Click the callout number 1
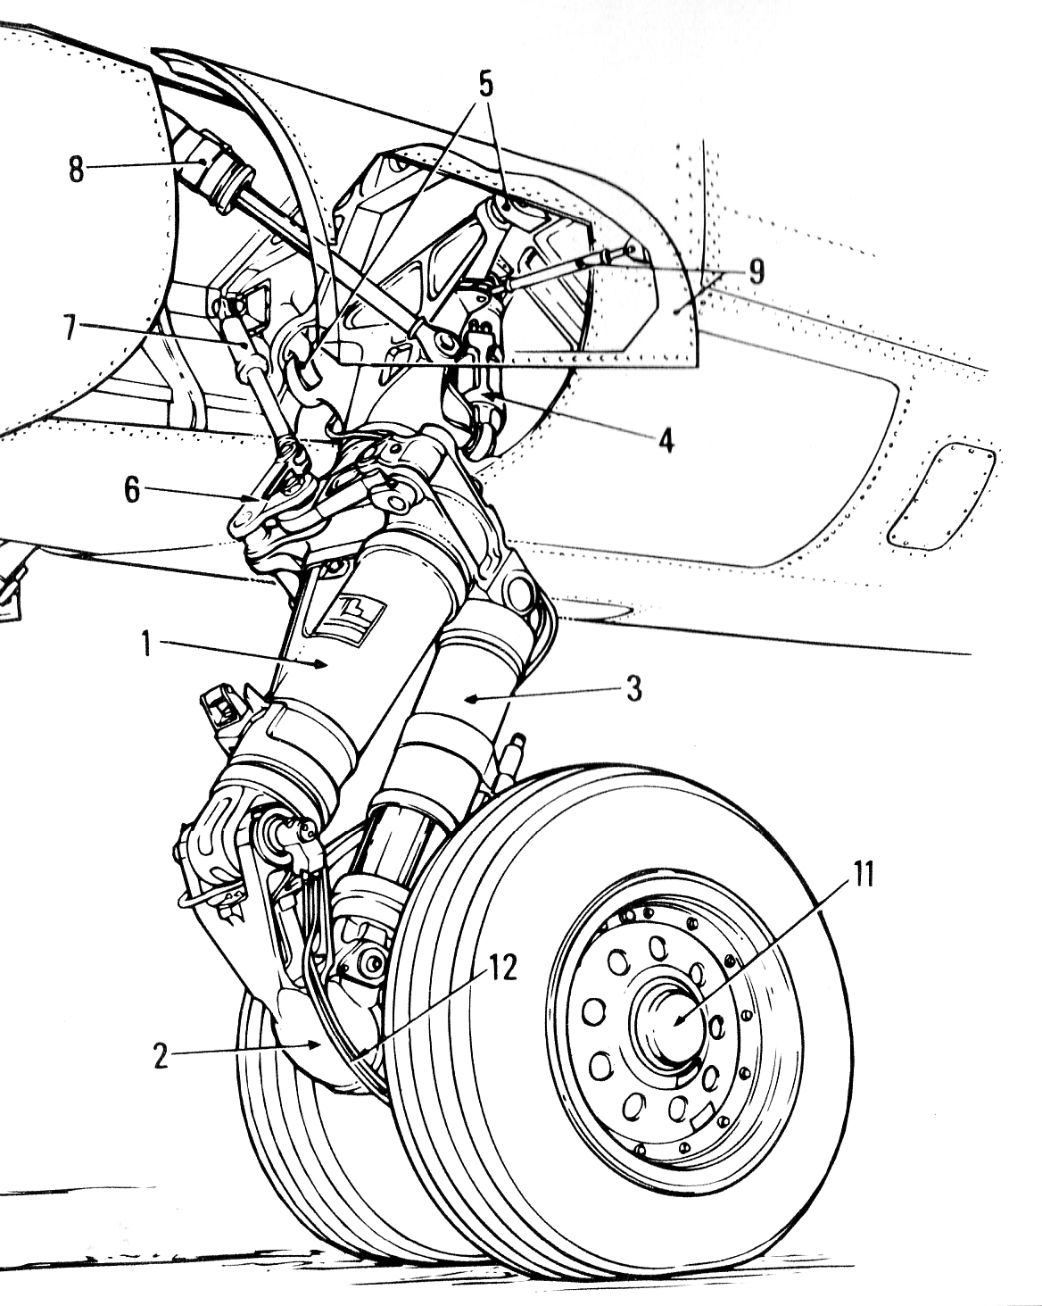coord(149,644)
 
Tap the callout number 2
coord(161,1056)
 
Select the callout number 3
coord(633,690)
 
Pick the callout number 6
coord(133,491)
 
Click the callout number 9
coord(757,270)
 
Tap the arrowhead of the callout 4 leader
coord(484,393)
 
